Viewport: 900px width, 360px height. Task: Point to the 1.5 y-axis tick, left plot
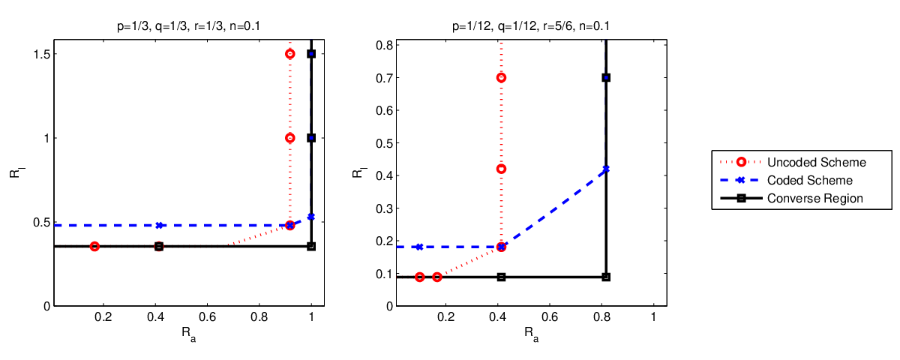(42, 54)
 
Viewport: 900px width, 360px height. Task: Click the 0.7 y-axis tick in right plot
(385, 77)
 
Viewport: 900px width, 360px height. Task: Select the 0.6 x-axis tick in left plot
(207, 317)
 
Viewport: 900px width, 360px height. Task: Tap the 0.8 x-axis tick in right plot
(601, 317)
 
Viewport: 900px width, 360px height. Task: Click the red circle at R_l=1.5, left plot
(290, 54)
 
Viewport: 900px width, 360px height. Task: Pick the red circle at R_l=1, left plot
(290, 138)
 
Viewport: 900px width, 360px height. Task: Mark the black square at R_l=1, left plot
(311, 138)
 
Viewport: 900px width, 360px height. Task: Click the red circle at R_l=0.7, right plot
(501, 77)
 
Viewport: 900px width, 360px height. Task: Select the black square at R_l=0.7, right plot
(606, 77)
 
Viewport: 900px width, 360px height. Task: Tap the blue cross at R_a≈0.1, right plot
(419, 247)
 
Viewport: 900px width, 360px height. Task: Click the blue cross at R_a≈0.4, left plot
(159, 226)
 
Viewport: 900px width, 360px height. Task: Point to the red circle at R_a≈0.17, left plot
(94, 246)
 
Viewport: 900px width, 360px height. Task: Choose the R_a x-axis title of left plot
(188, 334)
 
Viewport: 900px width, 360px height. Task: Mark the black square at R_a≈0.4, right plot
(501, 277)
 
